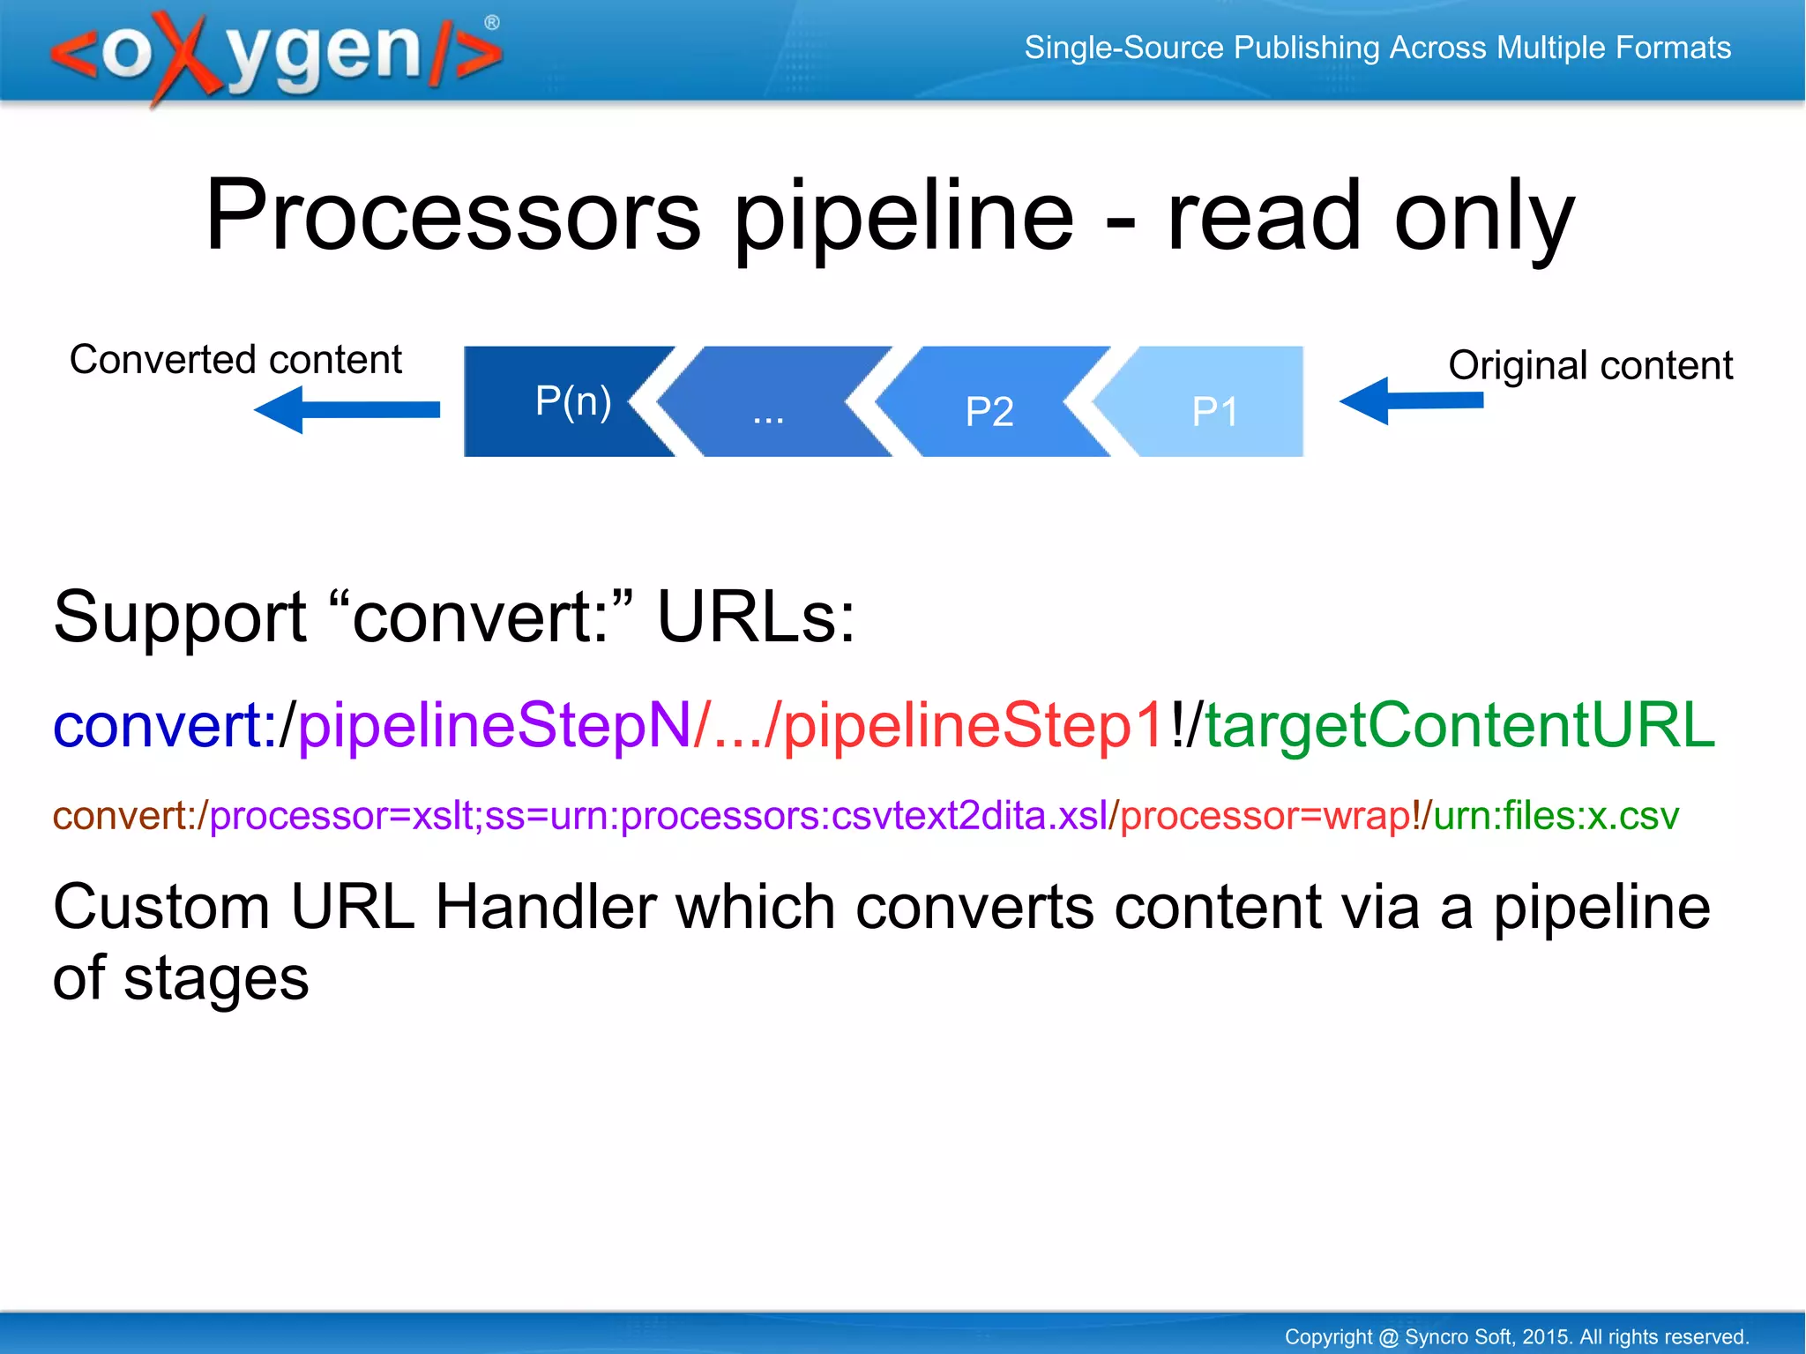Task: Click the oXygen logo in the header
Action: [276, 55]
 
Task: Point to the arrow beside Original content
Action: [1411, 401]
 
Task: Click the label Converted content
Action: [235, 360]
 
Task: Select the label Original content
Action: [1590, 365]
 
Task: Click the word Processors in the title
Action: [452, 215]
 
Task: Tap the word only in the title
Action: [1483, 215]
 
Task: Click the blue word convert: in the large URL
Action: [157, 725]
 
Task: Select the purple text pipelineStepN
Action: [494, 725]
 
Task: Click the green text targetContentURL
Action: [1459, 725]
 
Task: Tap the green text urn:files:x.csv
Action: [1556, 816]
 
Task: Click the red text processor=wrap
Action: [1265, 816]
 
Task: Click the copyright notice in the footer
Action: [1516, 1336]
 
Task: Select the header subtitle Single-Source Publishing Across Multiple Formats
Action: [1377, 48]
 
